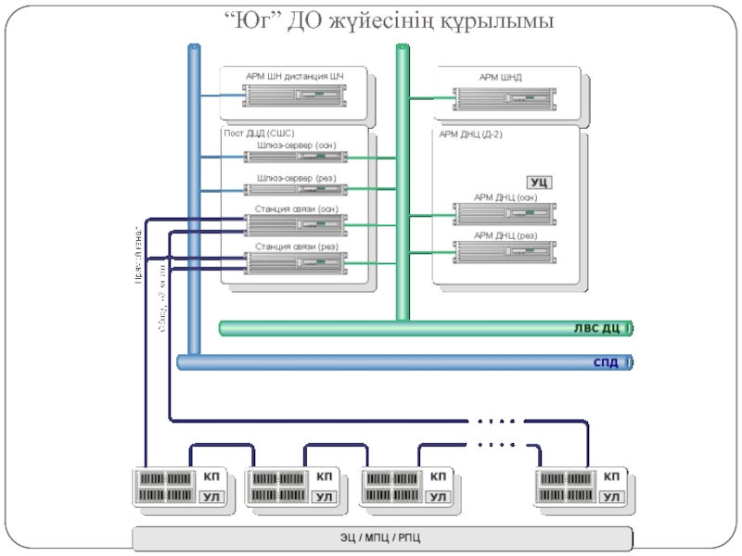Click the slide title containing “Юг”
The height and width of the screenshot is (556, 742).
click(x=390, y=19)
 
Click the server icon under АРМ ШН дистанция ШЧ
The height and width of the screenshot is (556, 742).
click(x=295, y=95)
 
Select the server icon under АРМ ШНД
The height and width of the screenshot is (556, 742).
click(x=504, y=95)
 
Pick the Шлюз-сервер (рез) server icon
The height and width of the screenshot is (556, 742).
click(x=295, y=191)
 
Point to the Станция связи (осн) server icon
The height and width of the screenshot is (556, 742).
click(x=295, y=223)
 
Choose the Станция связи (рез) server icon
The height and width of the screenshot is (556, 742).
click(x=295, y=261)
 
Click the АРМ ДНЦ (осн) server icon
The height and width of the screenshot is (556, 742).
click(x=504, y=212)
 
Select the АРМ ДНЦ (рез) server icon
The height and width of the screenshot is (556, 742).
click(x=504, y=250)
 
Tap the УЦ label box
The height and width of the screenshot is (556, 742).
click(x=540, y=182)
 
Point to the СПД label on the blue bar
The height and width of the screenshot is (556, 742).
click(x=606, y=362)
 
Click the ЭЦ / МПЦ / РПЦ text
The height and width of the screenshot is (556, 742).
click(x=382, y=538)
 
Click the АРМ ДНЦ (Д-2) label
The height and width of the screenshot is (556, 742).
click(x=471, y=133)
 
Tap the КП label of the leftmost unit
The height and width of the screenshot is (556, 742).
click(x=211, y=476)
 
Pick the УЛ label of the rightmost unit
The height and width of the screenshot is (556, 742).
click(x=611, y=499)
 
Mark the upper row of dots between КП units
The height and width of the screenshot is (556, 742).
click(x=495, y=422)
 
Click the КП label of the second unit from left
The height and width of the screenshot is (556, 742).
click(x=325, y=476)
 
